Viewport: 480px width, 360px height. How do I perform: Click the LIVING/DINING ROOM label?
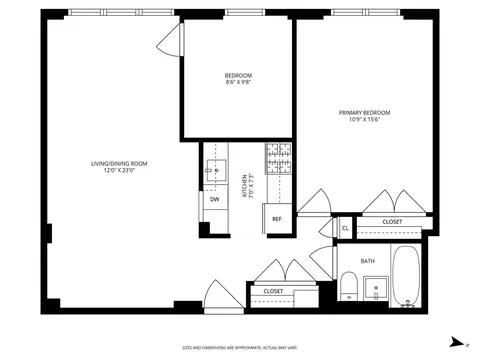pyautogui.click(x=119, y=163)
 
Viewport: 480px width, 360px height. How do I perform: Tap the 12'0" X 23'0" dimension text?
pyautogui.click(x=119, y=171)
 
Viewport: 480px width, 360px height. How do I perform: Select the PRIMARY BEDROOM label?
pyautogui.click(x=364, y=112)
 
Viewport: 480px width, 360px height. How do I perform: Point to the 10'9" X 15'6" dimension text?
pyautogui.click(x=364, y=120)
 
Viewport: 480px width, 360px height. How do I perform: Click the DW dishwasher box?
pyautogui.click(x=214, y=199)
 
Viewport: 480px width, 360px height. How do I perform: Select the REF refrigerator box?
pyautogui.click(x=277, y=218)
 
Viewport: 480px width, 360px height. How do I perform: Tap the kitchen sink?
pyautogui.click(x=214, y=170)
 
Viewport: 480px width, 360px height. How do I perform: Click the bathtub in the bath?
pyautogui.click(x=405, y=277)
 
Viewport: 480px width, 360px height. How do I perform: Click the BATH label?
pyautogui.click(x=367, y=260)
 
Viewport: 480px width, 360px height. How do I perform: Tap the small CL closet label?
pyautogui.click(x=345, y=228)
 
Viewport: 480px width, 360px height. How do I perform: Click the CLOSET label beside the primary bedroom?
pyautogui.click(x=392, y=221)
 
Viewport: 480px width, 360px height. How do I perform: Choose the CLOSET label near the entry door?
pyautogui.click(x=273, y=291)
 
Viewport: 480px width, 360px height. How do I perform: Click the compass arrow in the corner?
pyautogui.click(x=454, y=341)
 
